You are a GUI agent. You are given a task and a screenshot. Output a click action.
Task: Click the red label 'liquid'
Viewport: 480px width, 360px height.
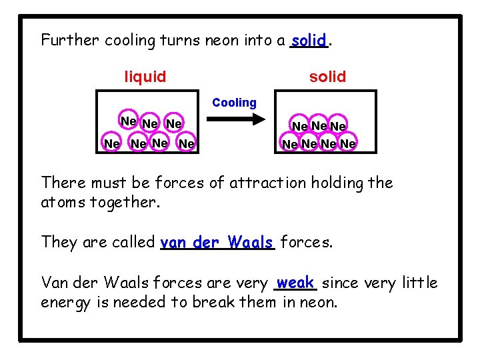pyautogui.click(x=145, y=77)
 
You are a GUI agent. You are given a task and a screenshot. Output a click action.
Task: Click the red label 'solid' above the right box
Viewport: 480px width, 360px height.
pyautogui.click(x=327, y=77)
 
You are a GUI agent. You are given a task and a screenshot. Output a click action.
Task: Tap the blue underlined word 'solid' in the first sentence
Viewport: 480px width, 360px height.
pyautogui.click(x=309, y=40)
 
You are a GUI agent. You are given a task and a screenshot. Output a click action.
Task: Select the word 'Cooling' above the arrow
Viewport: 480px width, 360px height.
pyautogui.click(x=234, y=103)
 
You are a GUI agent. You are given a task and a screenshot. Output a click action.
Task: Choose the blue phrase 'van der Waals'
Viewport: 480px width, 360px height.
pyautogui.click(x=217, y=242)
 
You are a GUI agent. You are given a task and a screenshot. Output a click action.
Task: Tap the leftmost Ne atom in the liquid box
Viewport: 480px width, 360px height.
pyautogui.click(x=111, y=143)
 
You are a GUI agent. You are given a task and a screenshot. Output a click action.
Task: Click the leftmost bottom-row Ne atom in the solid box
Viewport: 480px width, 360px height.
pyautogui.click(x=289, y=143)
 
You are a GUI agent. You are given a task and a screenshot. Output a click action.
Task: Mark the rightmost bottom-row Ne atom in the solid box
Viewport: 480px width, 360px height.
pyautogui.click(x=348, y=143)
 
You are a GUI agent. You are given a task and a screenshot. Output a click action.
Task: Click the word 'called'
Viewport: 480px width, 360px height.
pyautogui.click(x=135, y=242)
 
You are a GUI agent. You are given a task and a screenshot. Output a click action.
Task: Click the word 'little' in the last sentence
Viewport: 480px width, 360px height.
pyautogui.click(x=419, y=283)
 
